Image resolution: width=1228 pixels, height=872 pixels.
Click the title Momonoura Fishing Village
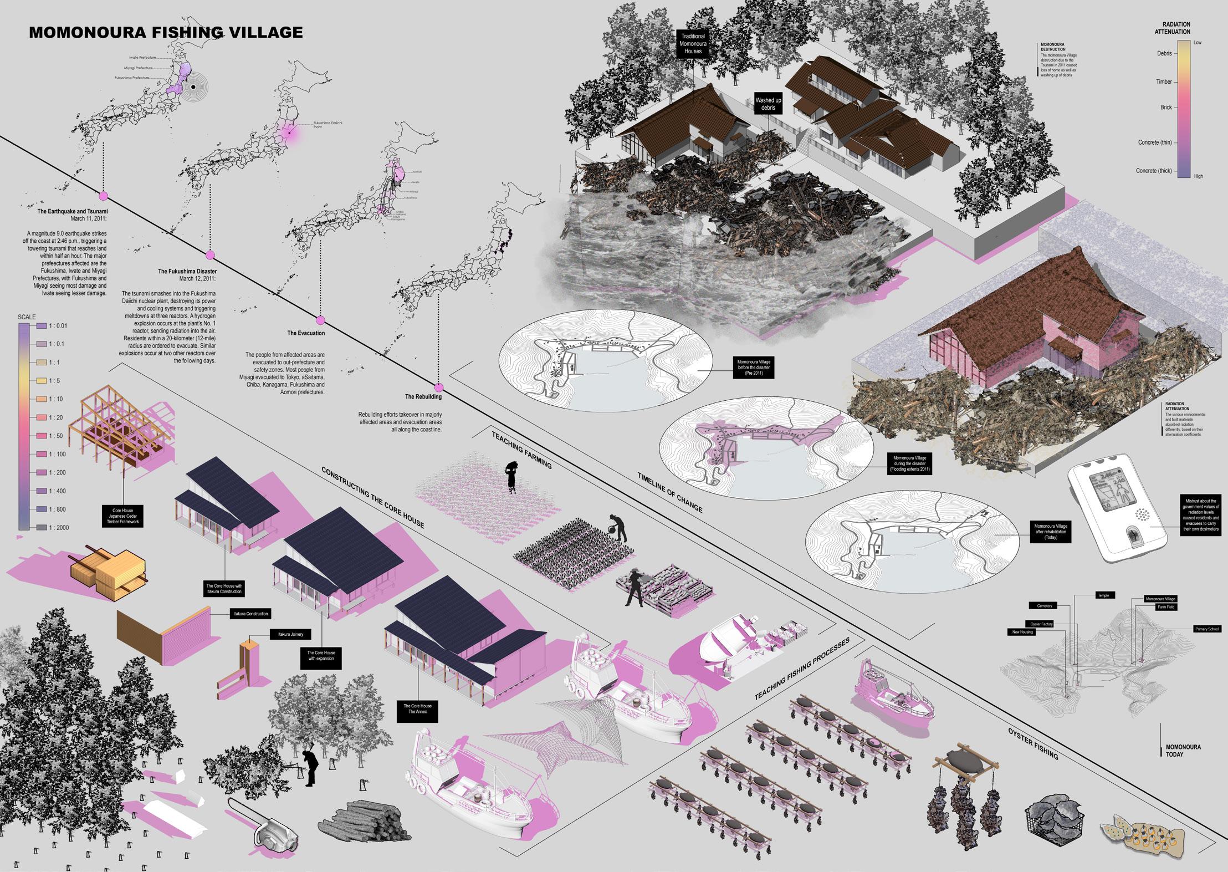click(x=166, y=32)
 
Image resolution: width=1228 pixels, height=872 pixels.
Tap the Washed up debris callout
click(x=768, y=104)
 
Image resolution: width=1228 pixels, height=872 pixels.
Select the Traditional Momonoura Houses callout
click(x=693, y=44)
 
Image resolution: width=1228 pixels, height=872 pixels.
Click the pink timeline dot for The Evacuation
click(x=320, y=320)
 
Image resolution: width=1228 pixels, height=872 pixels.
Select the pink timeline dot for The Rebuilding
click(x=439, y=387)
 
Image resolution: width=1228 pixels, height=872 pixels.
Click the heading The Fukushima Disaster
click(x=187, y=271)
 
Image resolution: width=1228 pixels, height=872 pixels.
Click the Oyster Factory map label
click(x=1040, y=624)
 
